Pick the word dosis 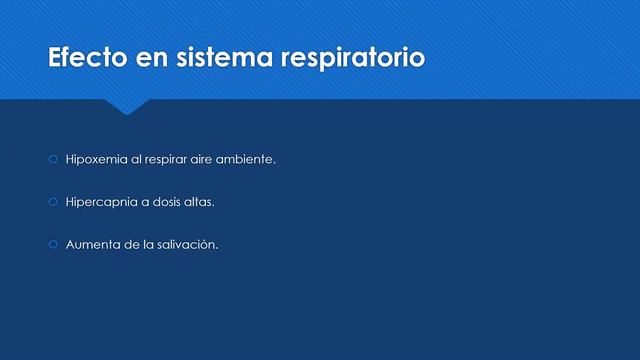pyautogui.click(x=170, y=202)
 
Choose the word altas pyautogui.click(x=203, y=202)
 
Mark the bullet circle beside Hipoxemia pyautogui.click(x=54, y=160)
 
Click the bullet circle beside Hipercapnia pyautogui.click(x=54, y=202)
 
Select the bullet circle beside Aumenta pyautogui.click(x=54, y=244)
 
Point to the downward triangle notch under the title pyautogui.click(x=127, y=106)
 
